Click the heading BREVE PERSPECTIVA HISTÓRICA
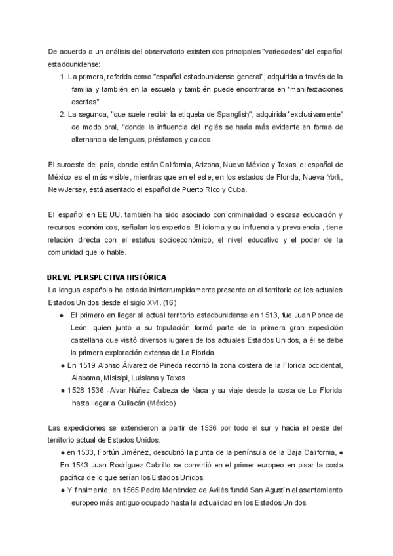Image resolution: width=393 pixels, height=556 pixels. (107, 277)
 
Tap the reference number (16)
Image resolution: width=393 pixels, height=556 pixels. (169, 302)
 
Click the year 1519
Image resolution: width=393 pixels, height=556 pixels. (92, 365)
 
